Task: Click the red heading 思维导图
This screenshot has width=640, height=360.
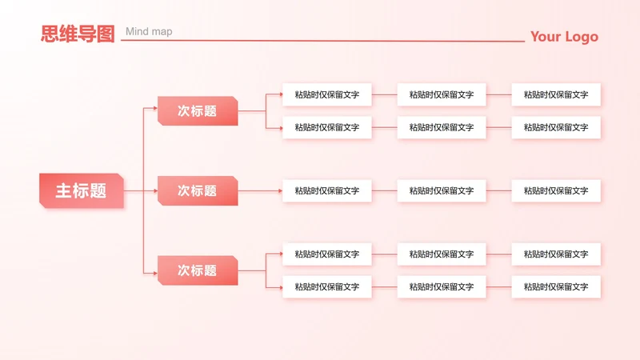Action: (78, 34)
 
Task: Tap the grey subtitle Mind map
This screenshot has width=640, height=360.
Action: (149, 32)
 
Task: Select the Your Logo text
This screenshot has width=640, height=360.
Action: (563, 37)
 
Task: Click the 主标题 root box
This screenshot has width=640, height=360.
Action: (81, 190)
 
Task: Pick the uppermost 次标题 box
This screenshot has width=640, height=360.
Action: (198, 111)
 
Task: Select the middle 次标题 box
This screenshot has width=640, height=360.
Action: (198, 190)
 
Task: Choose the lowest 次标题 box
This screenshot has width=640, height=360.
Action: (198, 270)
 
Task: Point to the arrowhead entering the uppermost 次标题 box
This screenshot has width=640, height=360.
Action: (154, 107)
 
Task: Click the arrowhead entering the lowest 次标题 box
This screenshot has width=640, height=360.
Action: (154, 274)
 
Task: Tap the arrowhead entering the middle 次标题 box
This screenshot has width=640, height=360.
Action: (154, 190)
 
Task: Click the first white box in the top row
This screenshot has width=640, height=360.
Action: (326, 94)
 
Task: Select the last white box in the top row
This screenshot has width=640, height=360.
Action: (556, 94)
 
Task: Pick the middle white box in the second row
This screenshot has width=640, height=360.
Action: (442, 127)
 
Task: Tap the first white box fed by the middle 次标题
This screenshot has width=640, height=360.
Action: (326, 190)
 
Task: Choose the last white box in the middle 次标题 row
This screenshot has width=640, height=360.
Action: (556, 190)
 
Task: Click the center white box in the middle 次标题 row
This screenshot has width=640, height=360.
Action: (442, 190)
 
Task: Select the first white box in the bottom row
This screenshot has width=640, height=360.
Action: (326, 286)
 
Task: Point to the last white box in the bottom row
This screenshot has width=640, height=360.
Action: (556, 286)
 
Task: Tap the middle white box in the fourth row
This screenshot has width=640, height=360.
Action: (442, 254)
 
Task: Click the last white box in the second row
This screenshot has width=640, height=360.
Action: (556, 127)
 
